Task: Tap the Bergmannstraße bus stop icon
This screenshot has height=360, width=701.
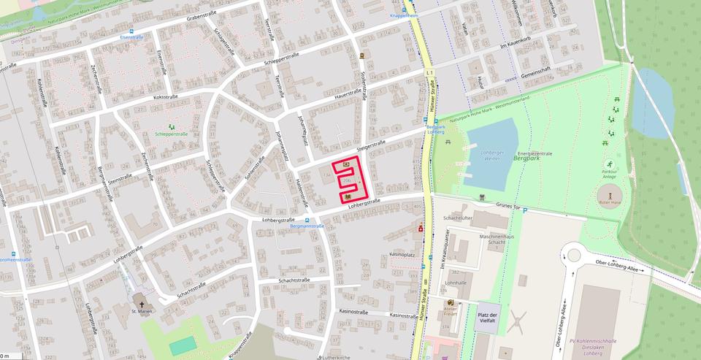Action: [307, 219]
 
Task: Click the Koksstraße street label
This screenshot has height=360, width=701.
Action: [166, 96]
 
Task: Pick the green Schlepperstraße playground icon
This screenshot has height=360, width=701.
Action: [172, 127]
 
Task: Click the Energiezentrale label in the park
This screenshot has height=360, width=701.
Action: [534, 154]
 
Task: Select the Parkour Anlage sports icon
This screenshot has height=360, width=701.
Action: [608, 164]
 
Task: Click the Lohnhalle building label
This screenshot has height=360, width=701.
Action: [456, 283]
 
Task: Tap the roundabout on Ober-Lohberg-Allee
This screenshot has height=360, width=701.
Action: [572, 255]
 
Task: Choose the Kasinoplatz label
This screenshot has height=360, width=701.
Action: [402, 254]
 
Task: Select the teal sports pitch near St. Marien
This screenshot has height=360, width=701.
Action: [183, 345]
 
